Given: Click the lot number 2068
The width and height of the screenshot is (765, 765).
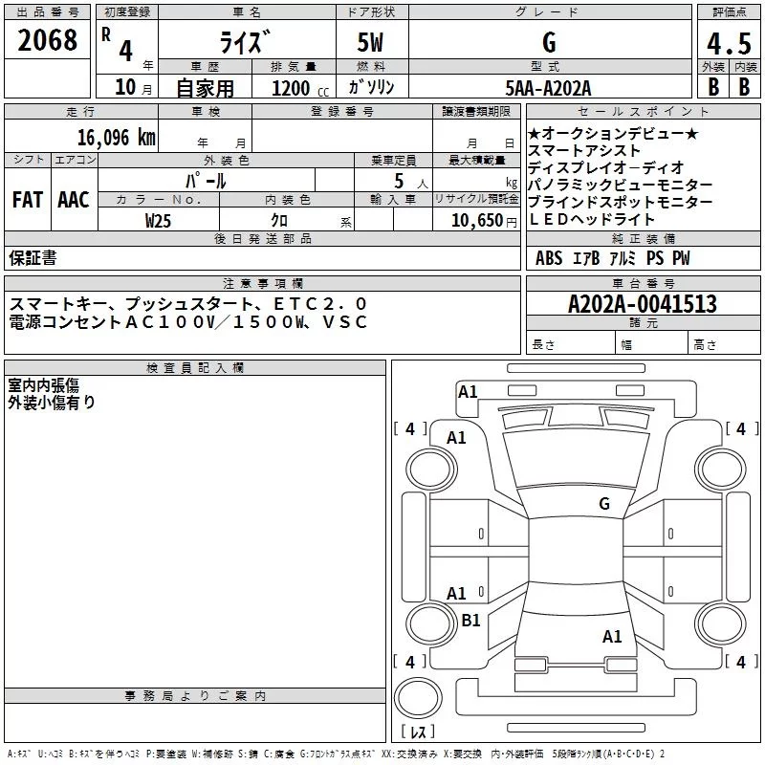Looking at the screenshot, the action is [48, 39].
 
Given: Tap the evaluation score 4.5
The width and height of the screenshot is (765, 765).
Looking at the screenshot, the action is [728, 42].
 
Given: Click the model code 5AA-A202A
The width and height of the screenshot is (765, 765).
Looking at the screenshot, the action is [548, 88].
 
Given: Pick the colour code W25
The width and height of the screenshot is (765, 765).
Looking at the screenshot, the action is [159, 219].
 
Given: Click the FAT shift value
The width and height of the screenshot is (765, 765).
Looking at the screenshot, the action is [27, 200].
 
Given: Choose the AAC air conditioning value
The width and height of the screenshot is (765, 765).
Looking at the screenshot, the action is [73, 200].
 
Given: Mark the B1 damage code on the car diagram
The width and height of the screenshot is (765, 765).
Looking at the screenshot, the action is [470, 620].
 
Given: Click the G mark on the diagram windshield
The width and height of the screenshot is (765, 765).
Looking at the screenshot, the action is [603, 503].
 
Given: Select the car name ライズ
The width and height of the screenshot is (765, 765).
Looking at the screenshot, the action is [246, 42].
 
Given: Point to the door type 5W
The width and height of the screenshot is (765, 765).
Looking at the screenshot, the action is [371, 42].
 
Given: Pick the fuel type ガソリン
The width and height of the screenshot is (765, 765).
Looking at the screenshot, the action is [371, 88].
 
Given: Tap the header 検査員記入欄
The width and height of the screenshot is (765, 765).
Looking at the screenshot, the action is [195, 367].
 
